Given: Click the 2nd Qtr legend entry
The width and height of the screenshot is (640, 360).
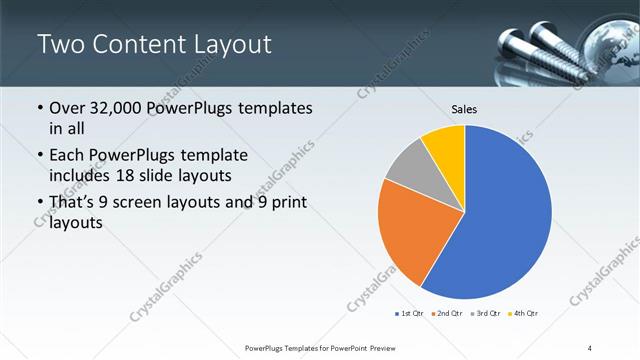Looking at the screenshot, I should tap(446, 314).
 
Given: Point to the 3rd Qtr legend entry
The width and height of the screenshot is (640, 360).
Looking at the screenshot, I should tap(485, 314).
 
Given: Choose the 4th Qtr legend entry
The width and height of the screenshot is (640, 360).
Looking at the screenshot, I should tap(523, 314).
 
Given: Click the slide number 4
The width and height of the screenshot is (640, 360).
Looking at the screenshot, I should tap(590, 347).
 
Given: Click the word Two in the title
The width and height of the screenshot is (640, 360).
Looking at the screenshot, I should tap(61, 45).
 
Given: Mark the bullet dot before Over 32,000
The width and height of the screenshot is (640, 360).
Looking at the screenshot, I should tap(39, 109).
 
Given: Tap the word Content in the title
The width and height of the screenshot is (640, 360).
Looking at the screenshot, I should tap(139, 45).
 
